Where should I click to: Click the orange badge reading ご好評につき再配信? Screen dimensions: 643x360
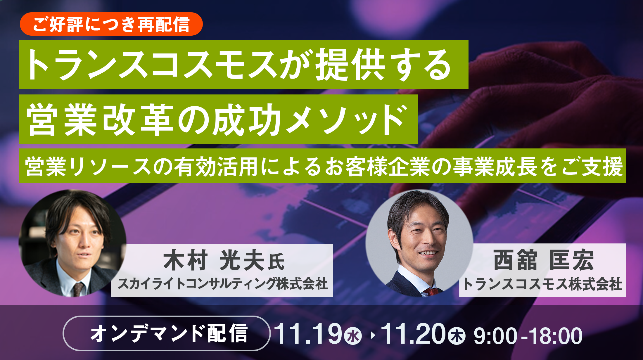[111, 24]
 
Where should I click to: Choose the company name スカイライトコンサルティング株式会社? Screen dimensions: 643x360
[222, 283]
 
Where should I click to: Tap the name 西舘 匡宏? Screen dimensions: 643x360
[543, 260]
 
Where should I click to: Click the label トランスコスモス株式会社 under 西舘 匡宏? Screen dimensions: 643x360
[542, 284]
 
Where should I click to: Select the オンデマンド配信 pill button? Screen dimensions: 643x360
[167, 333]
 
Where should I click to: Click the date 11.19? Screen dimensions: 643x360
[308, 334]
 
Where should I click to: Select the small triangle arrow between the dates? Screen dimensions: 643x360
[372, 335]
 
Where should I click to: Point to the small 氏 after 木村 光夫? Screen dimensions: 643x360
[276, 262]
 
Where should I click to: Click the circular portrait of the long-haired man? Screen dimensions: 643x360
[72, 243]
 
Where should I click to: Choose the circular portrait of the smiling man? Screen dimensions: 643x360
[419, 243]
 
